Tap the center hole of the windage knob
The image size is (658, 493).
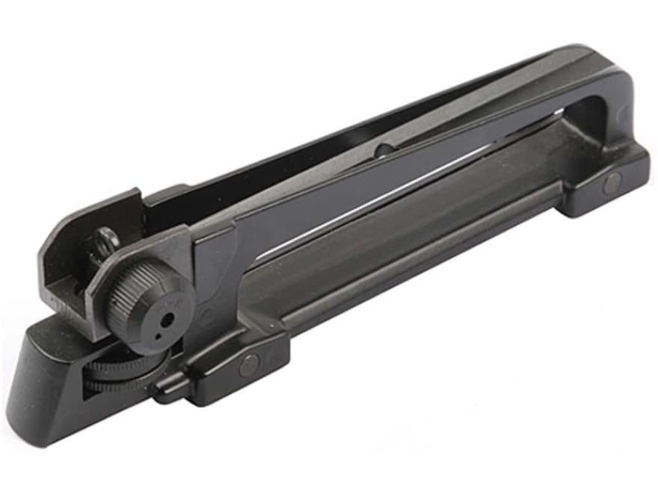[x=167, y=318]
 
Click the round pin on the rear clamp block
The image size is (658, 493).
[x=247, y=365]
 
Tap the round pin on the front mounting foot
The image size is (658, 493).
[x=612, y=182]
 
